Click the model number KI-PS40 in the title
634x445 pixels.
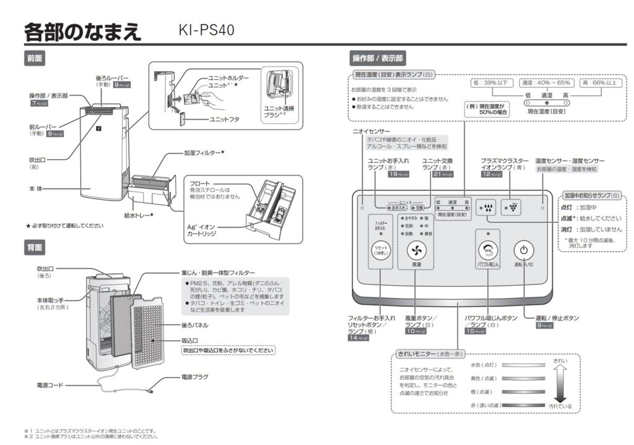tap(206, 30)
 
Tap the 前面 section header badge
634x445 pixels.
tap(35, 58)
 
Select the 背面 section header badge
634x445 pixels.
tap(35, 247)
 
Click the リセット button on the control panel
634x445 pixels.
tap(380, 250)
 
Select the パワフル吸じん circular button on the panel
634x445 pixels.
tap(488, 250)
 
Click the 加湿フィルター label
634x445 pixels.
tap(204, 152)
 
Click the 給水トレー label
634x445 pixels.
tap(139, 214)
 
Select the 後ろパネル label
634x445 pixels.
tap(194, 325)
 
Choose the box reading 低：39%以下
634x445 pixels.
tap(489, 82)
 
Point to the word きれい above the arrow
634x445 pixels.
tap(560, 360)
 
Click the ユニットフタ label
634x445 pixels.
tap(224, 118)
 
